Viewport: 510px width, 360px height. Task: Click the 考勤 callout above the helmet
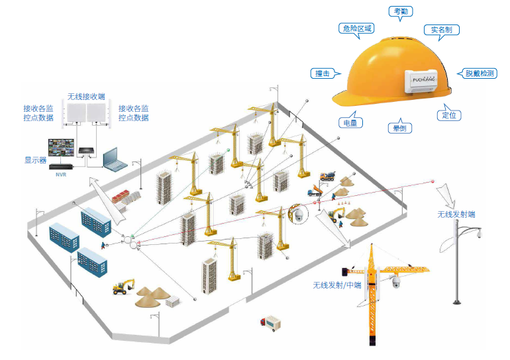(401, 11)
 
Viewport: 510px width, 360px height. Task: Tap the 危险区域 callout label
(356, 28)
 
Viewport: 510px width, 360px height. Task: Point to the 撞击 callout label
(323, 73)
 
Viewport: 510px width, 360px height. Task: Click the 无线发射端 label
(456, 214)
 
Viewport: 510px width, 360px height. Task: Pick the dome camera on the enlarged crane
(395, 283)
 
